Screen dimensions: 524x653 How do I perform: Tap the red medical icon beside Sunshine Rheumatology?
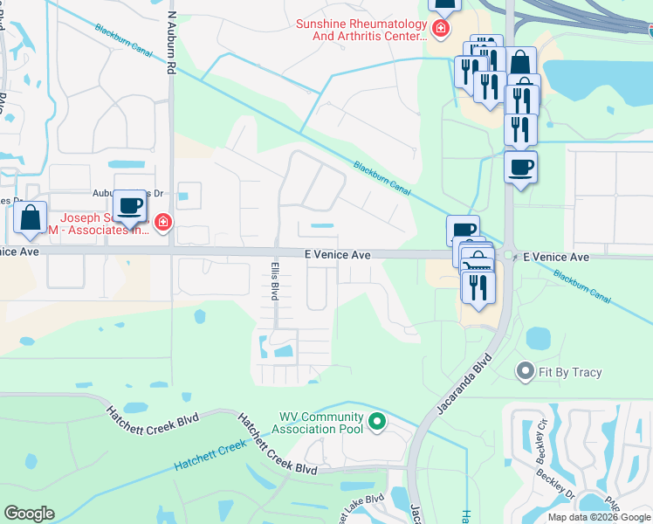[441, 30]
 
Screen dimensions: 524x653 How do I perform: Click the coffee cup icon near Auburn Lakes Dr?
[130, 206]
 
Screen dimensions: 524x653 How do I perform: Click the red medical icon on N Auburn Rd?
[162, 224]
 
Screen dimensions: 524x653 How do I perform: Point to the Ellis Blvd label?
[273, 281]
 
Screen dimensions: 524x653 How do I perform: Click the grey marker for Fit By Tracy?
[525, 371]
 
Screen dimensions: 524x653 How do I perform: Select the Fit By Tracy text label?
[569, 372]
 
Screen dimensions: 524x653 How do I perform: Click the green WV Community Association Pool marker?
[377, 423]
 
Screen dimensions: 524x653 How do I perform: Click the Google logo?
[29, 513]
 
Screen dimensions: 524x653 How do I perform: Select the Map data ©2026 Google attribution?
[598, 517]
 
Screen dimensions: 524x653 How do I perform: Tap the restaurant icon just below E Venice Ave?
[478, 288]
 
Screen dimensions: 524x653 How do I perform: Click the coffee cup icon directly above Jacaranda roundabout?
[520, 168]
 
